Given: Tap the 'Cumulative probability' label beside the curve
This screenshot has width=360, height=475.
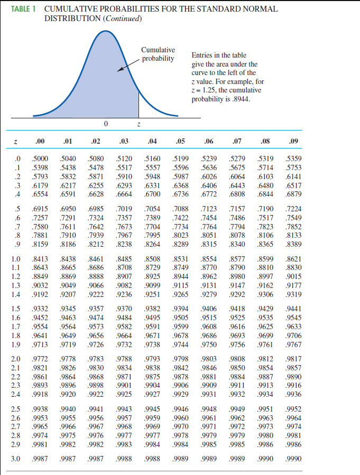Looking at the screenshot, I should [158, 54].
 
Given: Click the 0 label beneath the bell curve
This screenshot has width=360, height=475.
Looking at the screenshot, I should [106, 124].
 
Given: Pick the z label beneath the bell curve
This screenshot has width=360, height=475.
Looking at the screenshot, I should [139, 124].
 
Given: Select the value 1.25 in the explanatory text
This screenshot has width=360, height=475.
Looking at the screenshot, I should [208, 90].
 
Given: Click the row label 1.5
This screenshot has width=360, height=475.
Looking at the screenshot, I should [16, 309].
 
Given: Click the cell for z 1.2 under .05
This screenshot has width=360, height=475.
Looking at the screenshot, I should [180, 276].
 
